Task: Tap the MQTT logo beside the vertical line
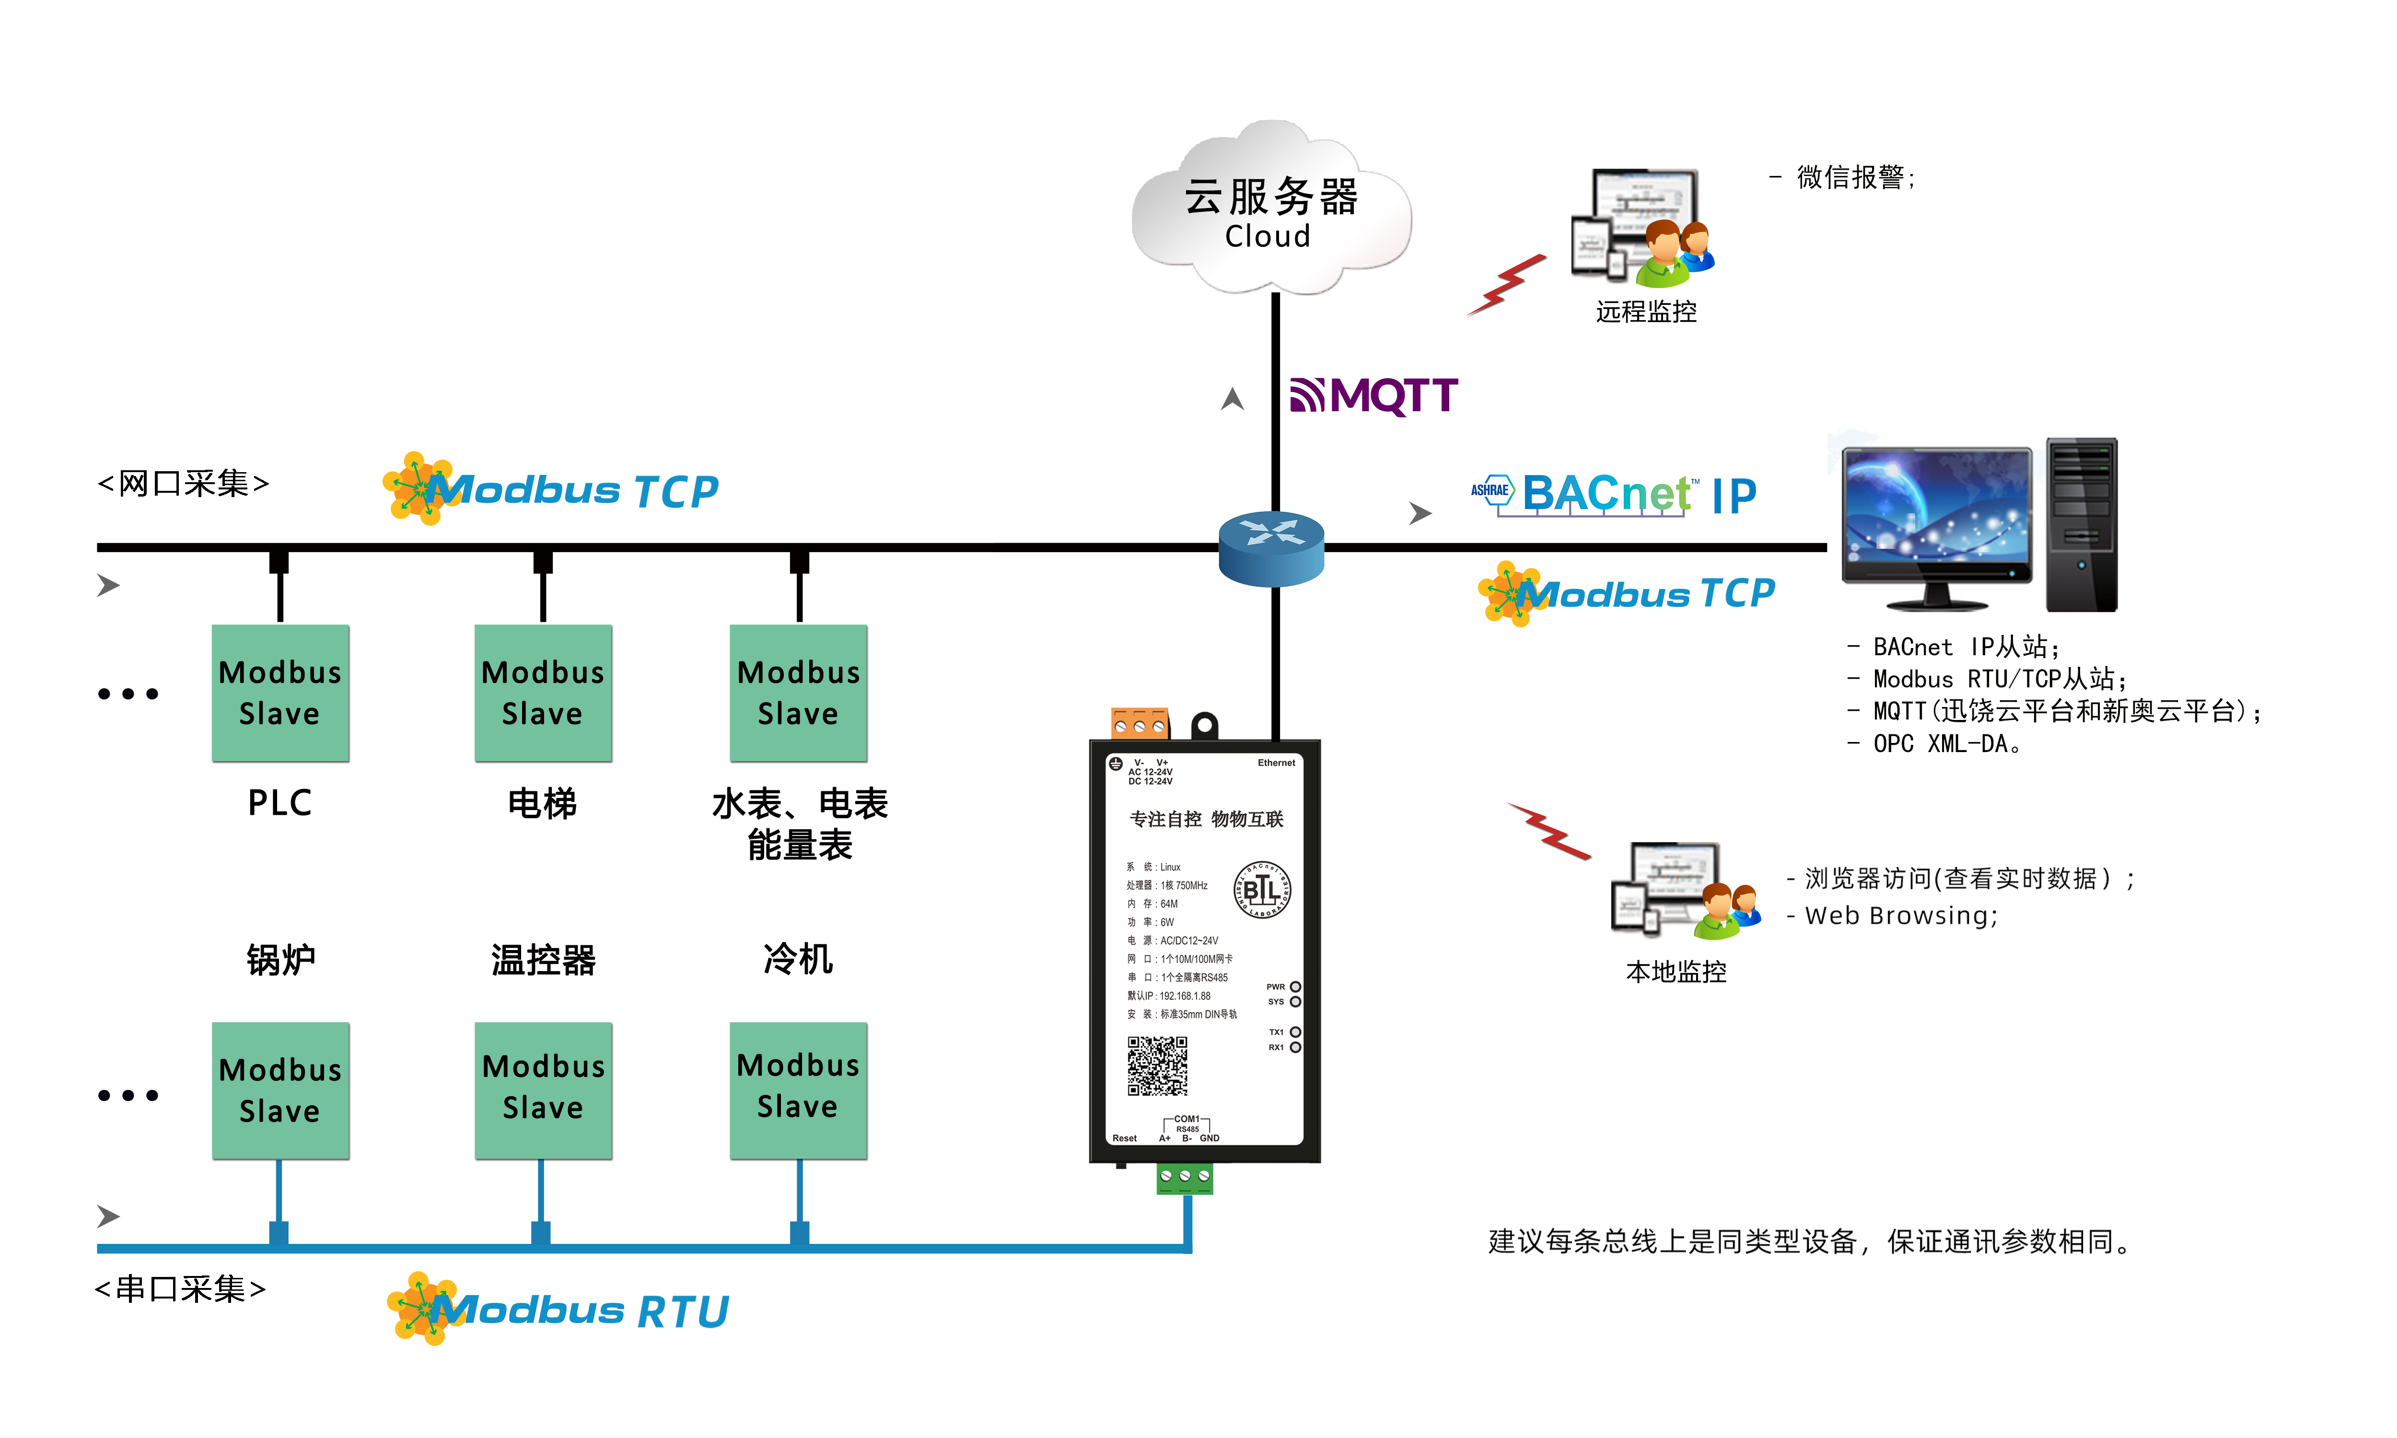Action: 1374,395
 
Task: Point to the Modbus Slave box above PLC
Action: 280,693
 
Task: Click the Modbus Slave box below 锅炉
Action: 280,1090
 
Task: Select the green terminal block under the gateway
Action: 1184,1177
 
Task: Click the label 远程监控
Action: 1646,312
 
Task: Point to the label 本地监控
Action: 1676,972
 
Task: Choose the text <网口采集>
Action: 183,483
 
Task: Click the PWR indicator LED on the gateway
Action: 1295,986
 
